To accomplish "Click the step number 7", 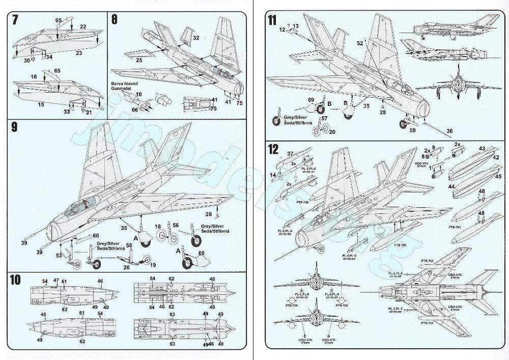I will pos(15,20).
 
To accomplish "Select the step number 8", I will pos(115,20).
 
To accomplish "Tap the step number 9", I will pos(15,127).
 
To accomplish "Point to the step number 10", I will pos(16,280).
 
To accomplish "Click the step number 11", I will pos(272,20).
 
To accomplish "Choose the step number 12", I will pos(273,149).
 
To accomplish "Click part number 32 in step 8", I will pos(196,38).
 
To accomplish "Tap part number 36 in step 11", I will pos(449,131).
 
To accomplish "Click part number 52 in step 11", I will pos(360,44).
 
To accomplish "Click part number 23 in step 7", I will pos(79,52).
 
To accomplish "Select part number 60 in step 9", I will pos(96,235).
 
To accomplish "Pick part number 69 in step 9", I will pos(202,253).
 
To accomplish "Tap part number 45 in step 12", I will pos(498,176).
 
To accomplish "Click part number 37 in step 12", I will pos(290,153).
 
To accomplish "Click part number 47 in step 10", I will pos(56,281).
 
